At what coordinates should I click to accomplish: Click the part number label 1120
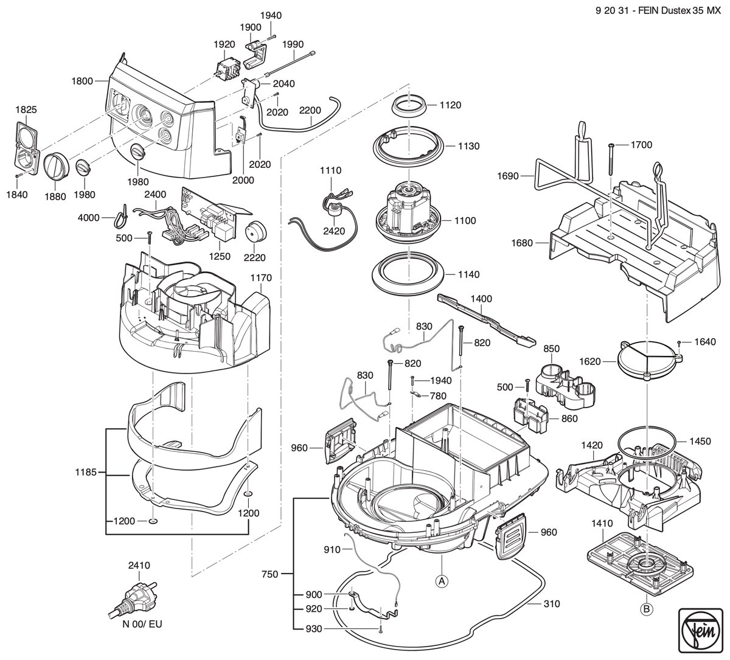pos(450,105)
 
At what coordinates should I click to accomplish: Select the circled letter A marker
pos(442,582)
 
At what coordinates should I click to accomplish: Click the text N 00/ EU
pos(142,634)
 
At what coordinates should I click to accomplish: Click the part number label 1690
pos(507,176)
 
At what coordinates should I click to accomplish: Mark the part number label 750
pos(269,574)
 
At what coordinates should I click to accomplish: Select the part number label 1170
pos(261,278)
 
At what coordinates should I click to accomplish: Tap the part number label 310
pos(552,603)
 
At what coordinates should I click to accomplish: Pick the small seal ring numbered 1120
pos(409,106)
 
